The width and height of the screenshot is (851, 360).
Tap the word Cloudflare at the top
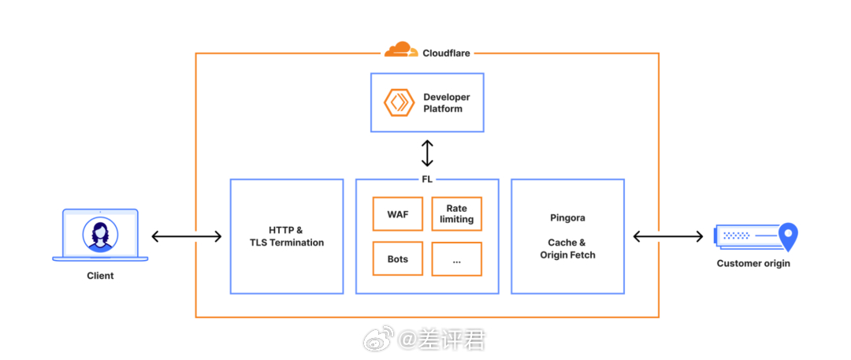(x=446, y=54)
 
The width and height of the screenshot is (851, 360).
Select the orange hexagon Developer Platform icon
(x=399, y=102)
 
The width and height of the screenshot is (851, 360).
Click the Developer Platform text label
(x=446, y=102)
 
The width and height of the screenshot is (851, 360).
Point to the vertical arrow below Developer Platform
(x=427, y=153)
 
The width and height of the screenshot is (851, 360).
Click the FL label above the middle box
(x=427, y=179)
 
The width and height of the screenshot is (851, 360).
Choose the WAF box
(x=398, y=213)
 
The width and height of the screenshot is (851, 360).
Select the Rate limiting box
(x=456, y=213)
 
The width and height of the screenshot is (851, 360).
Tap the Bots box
(x=398, y=259)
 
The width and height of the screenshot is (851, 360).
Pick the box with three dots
(x=456, y=259)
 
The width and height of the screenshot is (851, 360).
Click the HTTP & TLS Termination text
(x=287, y=236)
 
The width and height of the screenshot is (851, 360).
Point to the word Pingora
(x=567, y=217)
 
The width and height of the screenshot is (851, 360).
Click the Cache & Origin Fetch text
(x=567, y=249)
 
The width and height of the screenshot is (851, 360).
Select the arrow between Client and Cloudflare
(x=186, y=236)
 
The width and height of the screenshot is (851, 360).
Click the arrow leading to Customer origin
(x=668, y=236)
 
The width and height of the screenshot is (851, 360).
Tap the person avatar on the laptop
(x=100, y=235)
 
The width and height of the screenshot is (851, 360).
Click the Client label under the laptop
(x=100, y=276)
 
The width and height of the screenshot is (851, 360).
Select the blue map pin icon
(x=788, y=236)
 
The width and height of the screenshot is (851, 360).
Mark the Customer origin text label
(x=753, y=263)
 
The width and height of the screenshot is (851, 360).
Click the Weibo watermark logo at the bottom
(x=377, y=340)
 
